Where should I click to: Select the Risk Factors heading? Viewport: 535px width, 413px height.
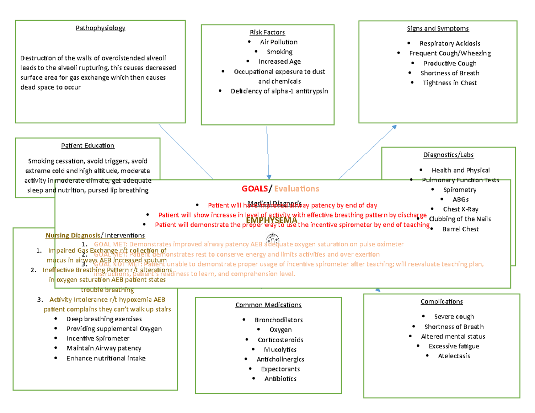(x=267, y=33)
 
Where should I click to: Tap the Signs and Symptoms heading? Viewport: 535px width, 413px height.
(x=437, y=29)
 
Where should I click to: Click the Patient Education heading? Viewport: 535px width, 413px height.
(x=88, y=146)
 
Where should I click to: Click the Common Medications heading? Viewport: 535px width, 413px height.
(x=268, y=305)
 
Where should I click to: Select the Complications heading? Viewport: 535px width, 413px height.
(x=441, y=302)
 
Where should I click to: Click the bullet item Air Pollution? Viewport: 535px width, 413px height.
(x=279, y=42)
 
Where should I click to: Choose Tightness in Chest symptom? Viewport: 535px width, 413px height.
(x=449, y=83)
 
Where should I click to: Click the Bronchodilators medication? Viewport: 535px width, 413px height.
(x=279, y=320)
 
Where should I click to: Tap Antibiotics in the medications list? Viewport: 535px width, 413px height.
(x=280, y=379)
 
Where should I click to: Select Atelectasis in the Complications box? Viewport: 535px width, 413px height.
(x=453, y=356)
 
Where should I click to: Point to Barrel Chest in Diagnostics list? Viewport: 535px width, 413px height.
(x=460, y=229)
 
